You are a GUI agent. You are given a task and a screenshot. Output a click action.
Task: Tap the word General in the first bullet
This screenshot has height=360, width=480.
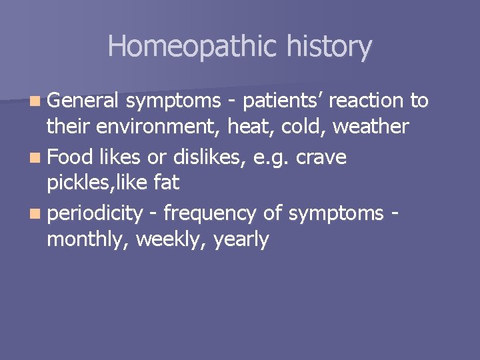(x=83, y=100)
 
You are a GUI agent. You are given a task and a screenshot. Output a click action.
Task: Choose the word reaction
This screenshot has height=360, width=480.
(x=366, y=100)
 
